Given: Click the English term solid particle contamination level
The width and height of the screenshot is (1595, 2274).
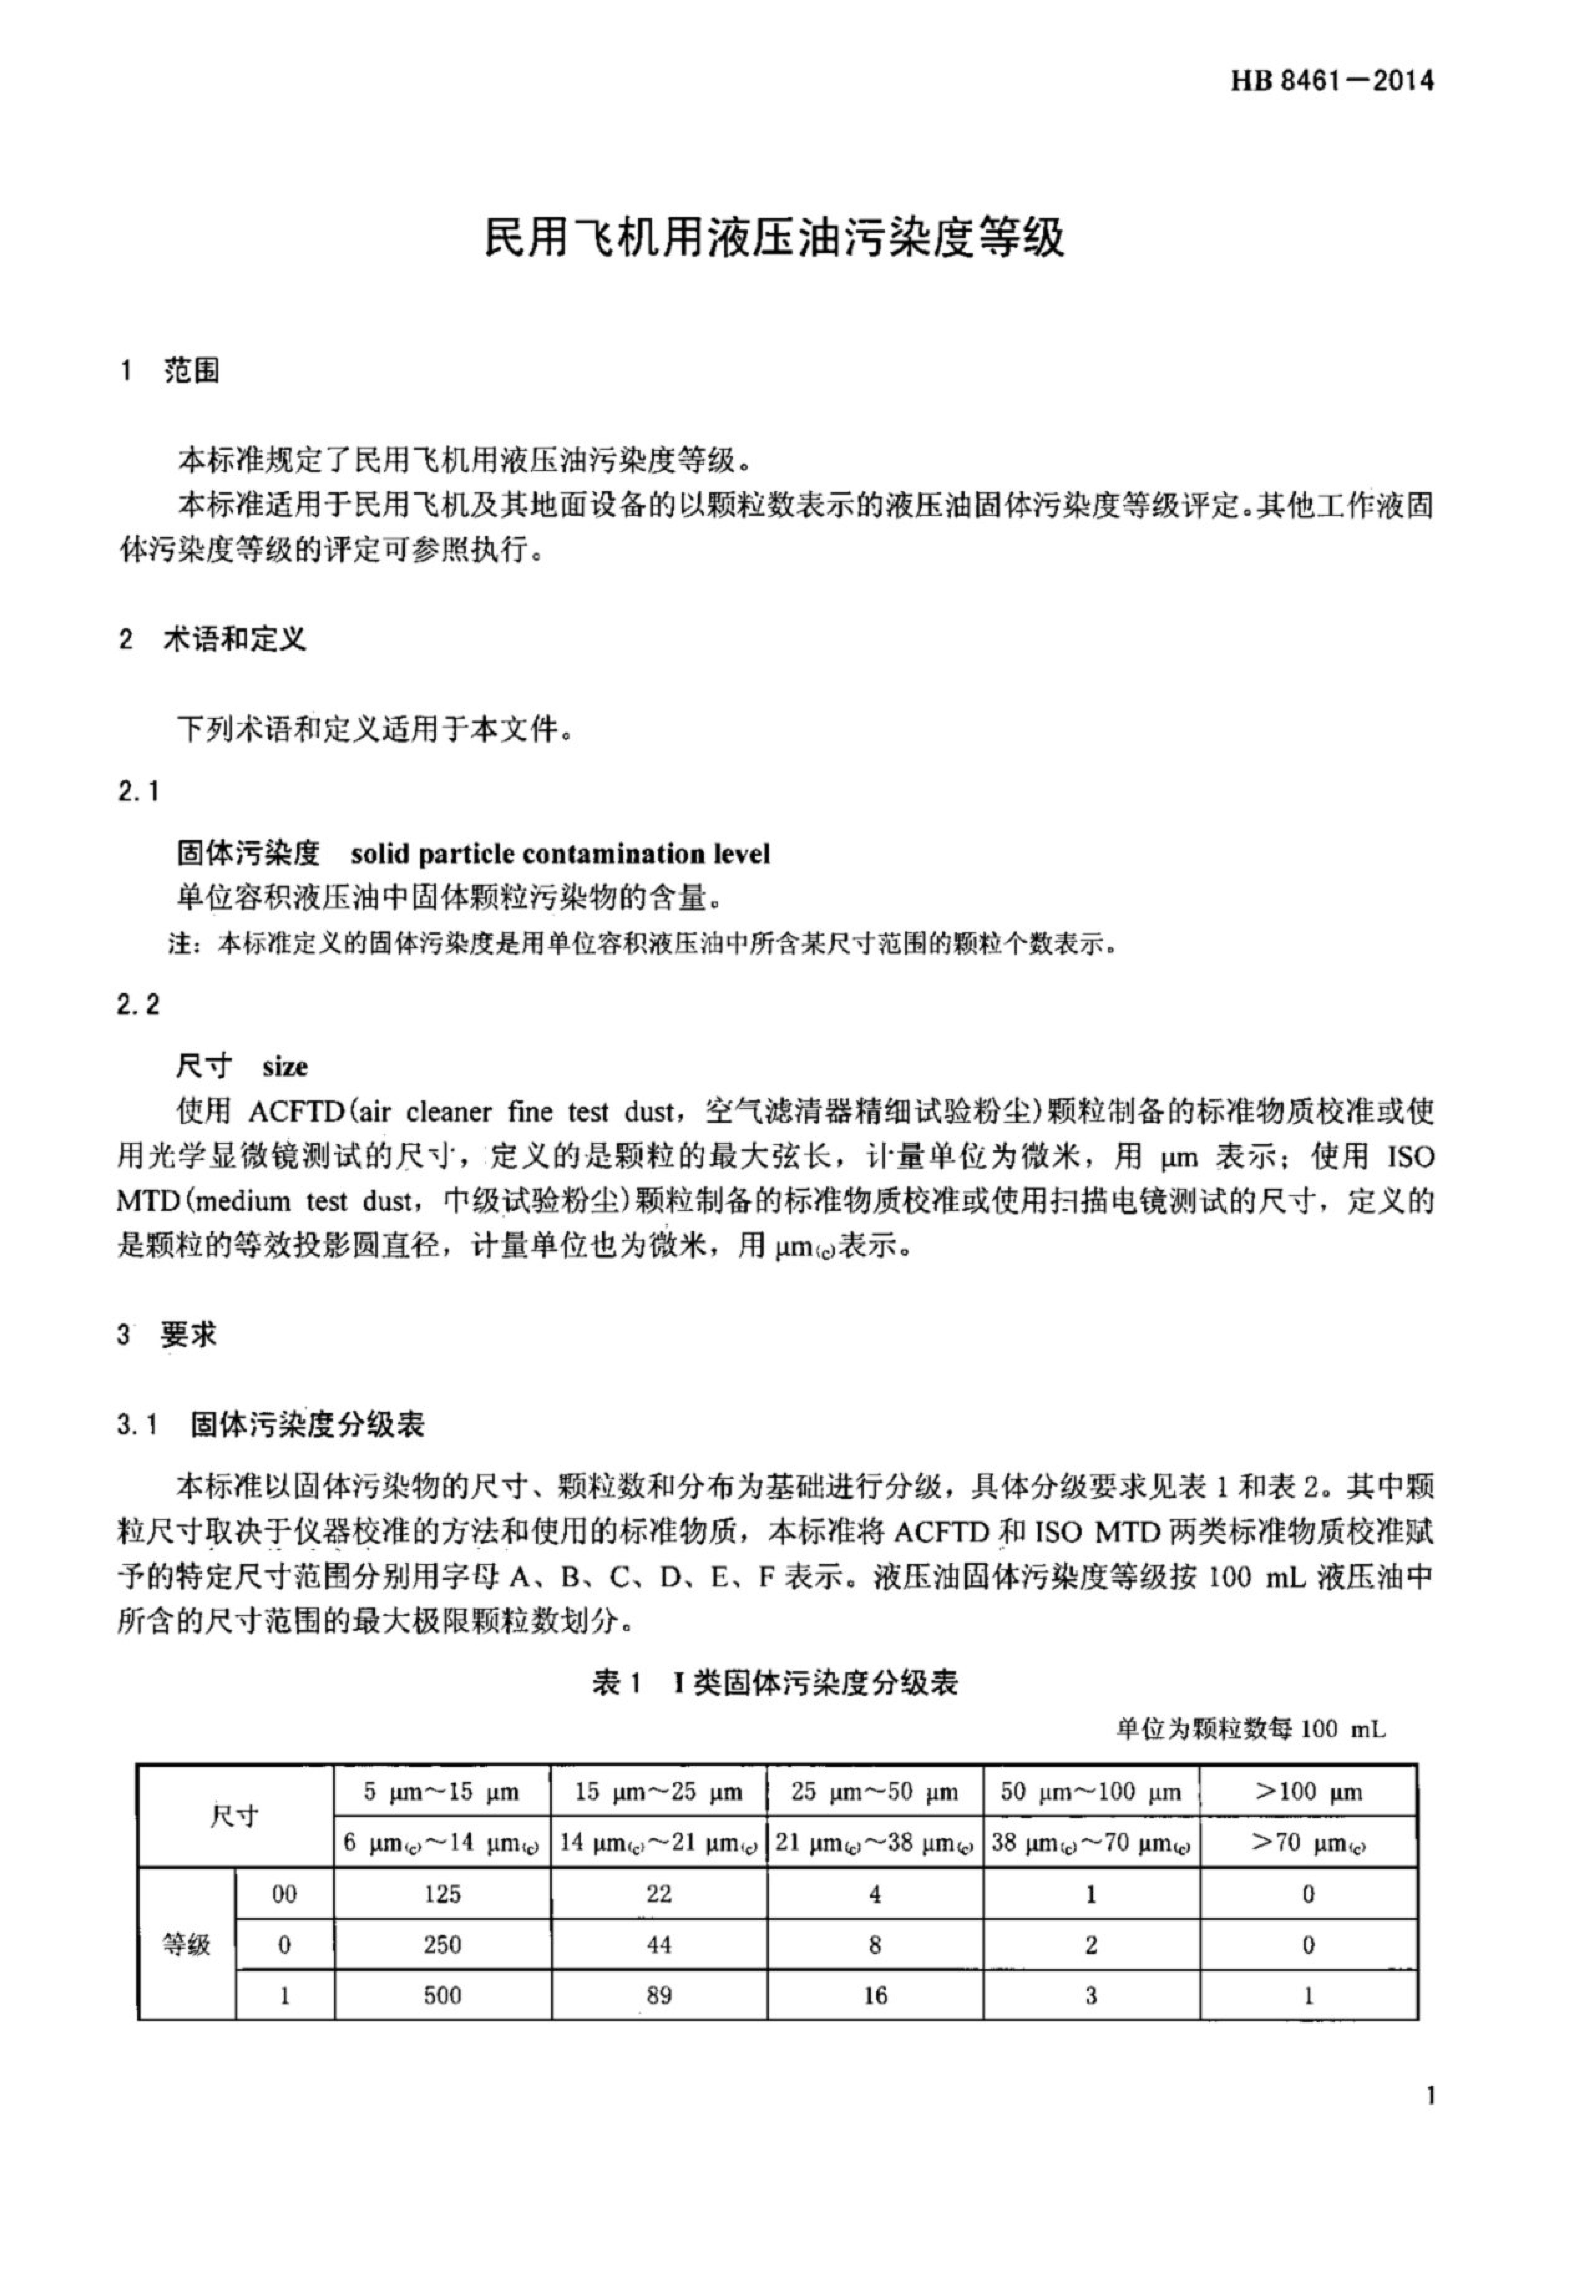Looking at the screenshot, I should (x=560, y=854).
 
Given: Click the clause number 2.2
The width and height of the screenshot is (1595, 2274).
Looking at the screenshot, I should (x=138, y=1005).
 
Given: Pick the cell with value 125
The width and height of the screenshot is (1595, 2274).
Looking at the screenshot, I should (x=442, y=1895).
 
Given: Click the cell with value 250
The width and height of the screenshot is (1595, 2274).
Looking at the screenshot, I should (x=442, y=1945).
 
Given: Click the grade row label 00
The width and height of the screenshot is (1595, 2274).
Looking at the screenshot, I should (x=284, y=1895).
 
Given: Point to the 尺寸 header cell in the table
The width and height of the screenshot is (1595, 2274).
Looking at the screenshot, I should (x=235, y=1816).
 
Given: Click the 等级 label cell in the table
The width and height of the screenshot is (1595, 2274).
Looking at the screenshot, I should (x=186, y=1945).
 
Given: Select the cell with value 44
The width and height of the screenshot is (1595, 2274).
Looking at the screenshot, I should (x=659, y=1945).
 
